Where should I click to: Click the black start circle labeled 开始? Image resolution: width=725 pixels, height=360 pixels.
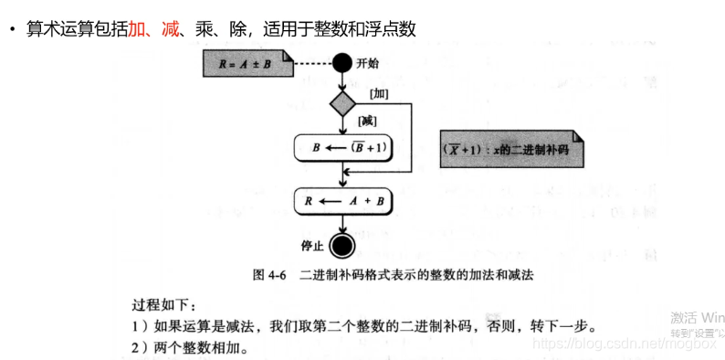click(x=342, y=63)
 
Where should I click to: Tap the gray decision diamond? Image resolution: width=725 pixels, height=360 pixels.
click(x=342, y=102)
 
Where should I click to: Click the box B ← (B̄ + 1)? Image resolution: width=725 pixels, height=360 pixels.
click(x=341, y=147)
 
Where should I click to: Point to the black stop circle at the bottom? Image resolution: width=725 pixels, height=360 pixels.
click(x=342, y=245)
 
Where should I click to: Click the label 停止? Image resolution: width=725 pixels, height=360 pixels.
click(x=312, y=246)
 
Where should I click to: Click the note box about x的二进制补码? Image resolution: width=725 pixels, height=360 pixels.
click(x=510, y=148)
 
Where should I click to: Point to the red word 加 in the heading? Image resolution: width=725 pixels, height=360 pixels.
click(x=137, y=30)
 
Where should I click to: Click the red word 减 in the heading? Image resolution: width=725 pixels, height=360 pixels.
click(x=170, y=30)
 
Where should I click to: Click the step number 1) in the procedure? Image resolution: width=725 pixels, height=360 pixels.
click(x=136, y=326)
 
